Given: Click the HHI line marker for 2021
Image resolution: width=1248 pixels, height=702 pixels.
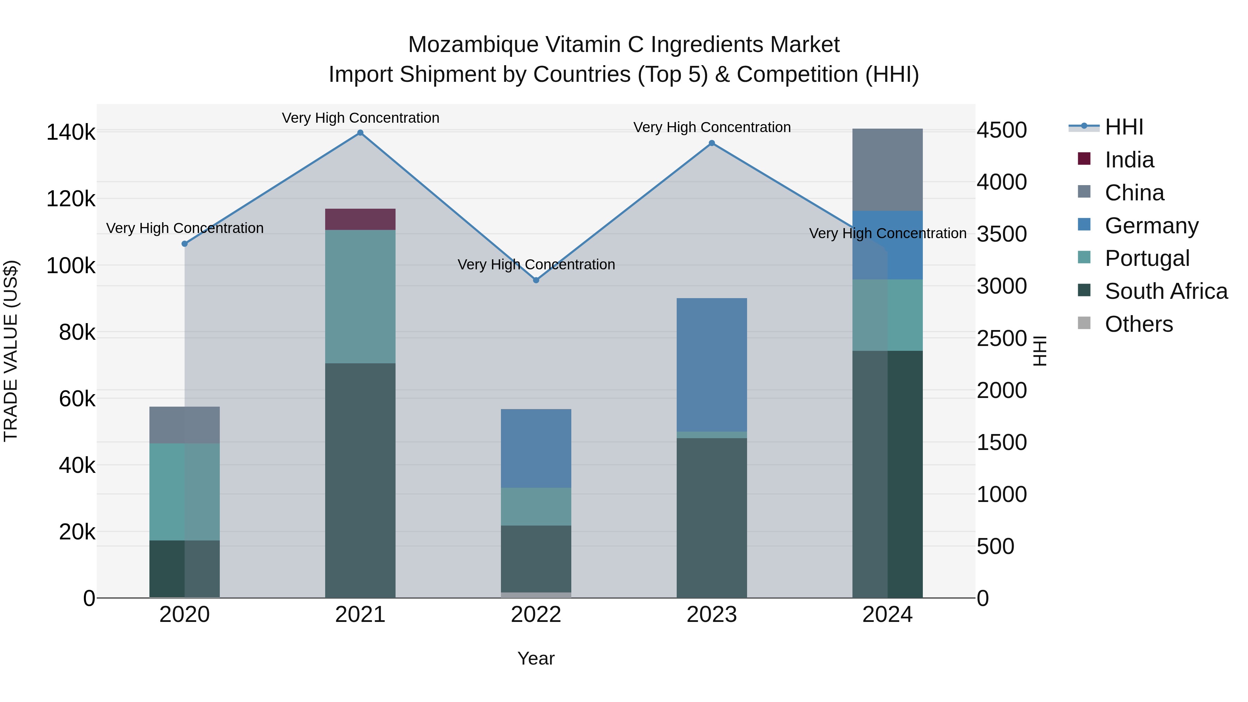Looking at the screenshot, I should [360, 133].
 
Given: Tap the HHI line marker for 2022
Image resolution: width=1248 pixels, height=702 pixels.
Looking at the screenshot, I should [536, 280].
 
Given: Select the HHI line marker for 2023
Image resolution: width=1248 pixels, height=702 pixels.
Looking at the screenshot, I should [712, 143].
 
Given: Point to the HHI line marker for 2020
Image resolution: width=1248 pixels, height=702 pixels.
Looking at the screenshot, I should [184, 244].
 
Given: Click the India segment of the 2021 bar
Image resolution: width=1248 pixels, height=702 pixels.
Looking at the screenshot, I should [360, 219].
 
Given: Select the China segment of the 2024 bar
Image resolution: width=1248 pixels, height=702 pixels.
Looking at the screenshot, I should [887, 170].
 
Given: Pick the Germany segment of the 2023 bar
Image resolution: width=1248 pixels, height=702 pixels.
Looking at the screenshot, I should [712, 365].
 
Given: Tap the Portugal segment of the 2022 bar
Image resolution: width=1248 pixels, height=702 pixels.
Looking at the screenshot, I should [536, 506].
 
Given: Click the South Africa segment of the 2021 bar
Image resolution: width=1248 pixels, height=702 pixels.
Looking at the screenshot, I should [360, 480].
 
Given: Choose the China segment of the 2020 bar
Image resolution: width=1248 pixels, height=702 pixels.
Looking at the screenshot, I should [184, 425].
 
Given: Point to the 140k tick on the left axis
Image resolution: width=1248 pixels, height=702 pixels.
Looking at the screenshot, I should [71, 132].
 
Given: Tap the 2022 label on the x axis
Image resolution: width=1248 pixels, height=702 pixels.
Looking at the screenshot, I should [536, 615].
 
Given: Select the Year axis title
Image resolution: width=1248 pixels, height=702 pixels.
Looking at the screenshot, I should [536, 658].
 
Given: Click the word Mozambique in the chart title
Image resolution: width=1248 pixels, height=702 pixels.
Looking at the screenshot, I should [473, 45].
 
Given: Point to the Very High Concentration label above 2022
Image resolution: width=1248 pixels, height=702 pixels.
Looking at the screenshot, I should [536, 265].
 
